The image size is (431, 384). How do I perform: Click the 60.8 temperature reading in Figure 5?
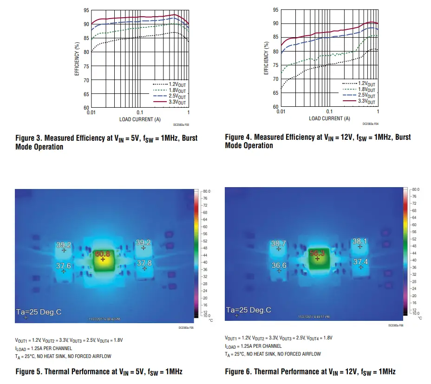click(103, 254)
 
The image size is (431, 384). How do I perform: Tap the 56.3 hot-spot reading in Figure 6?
click(317, 253)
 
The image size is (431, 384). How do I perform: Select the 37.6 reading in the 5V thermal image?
click(64, 266)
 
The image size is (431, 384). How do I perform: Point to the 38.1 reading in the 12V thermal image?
click(360, 241)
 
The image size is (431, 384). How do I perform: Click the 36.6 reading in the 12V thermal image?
click(279, 265)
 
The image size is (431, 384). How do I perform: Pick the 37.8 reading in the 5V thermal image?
click(144, 263)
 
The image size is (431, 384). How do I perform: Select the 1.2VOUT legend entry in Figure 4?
click(366, 83)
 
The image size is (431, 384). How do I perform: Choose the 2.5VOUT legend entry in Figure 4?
click(366, 95)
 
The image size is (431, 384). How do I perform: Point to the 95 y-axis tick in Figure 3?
click(86, 10)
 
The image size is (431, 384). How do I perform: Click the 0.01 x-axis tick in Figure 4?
click(281, 112)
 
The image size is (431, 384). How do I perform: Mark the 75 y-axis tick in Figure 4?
click(275, 65)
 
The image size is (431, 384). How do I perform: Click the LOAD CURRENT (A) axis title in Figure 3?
click(140, 119)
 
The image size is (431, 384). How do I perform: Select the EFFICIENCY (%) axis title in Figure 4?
click(267, 58)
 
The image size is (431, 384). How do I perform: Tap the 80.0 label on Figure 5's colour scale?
click(207, 191)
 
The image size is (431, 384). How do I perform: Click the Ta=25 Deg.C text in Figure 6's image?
click(248, 310)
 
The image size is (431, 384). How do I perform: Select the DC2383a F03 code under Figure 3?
click(181, 124)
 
